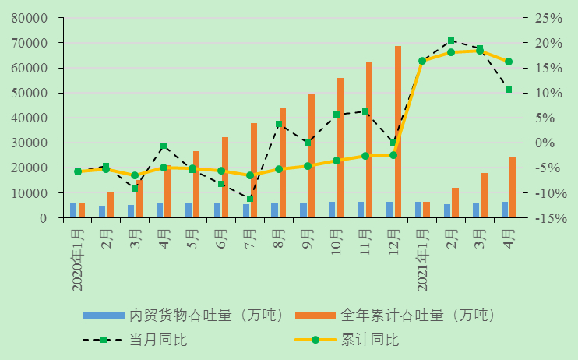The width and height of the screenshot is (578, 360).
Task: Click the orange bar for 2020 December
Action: [397, 132]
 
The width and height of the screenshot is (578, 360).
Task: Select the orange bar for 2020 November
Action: [368, 139]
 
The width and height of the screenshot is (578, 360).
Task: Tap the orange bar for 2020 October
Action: [340, 148]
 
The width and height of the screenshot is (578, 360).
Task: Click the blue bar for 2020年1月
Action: [73, 210]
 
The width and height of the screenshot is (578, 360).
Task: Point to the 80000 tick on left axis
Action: [30, 18]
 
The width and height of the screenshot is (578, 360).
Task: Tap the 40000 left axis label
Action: [30, 118]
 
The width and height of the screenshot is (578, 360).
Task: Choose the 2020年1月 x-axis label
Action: [78, 257]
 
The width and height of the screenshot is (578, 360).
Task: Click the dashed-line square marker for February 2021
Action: [451, 41]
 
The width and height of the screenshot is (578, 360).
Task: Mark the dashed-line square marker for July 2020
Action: [250, 199]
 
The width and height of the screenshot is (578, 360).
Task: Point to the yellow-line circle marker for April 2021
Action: [509, 62]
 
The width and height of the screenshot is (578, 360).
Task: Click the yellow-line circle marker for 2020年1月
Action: [78, 171]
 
